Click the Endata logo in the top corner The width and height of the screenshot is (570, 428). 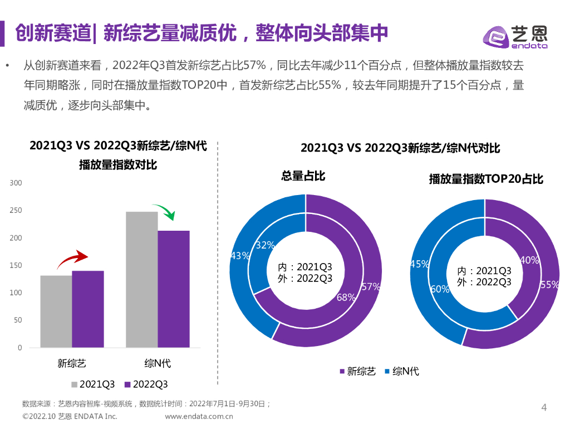click(x=514, y=37)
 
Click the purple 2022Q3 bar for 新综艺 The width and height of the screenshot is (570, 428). click(x=88, y=309)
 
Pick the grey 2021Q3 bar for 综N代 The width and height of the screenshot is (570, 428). click(x=142, y=279)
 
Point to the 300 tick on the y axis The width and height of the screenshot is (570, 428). click(x=16, y=183)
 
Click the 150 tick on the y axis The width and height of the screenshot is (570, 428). click(x=16, y=265)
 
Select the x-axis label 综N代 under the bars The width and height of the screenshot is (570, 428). click(x=158, y=364)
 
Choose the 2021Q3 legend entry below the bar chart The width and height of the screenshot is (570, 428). click(x=93, y=385)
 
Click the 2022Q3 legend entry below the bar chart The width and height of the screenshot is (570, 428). click(x=146, y=385)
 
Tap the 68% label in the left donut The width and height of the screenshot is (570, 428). click(x=346, y=298)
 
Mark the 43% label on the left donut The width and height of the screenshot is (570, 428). click(x=239, y=256)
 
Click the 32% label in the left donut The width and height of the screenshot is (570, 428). click(x=264, y=245)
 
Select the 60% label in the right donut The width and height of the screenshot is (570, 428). click(x=440, y=289)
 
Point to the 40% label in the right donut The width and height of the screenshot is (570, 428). click(x=529, y=260)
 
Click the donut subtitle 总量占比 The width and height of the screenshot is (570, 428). click(x=303, y=176)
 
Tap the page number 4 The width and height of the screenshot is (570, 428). click(x=544, y=408)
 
